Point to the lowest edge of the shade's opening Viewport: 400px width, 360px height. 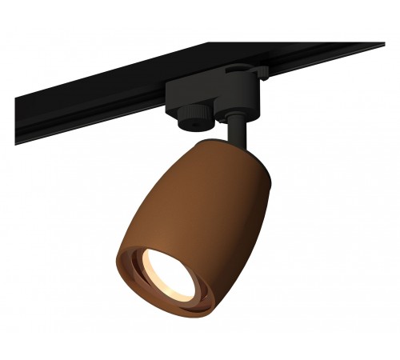coord(164,325)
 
